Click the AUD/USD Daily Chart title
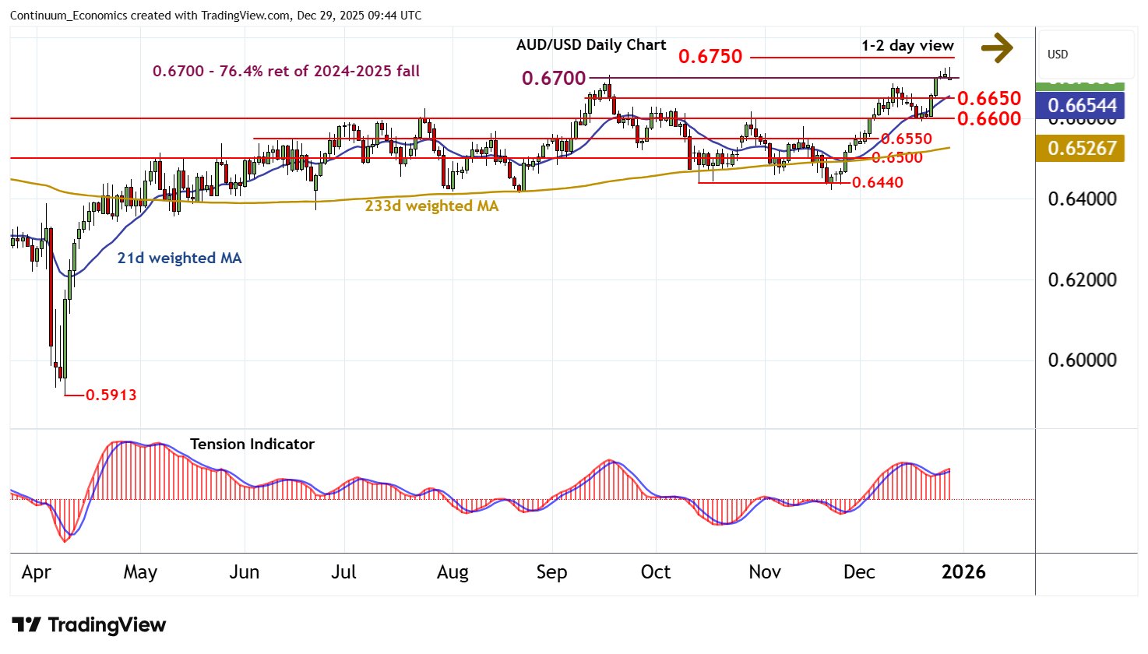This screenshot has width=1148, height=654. pos(591,45)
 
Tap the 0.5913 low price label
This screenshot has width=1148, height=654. pos(111,395)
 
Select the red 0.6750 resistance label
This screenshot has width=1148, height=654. pos(710,57)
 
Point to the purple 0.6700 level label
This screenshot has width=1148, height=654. pos(554,78)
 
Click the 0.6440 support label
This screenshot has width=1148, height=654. pos(878,183)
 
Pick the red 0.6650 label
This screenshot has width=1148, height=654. pos(988,99)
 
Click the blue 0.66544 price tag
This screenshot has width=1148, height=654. pos(1082,106)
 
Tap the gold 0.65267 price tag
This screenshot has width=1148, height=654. pos(1082,148)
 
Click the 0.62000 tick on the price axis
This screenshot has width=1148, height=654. pos(1082,280)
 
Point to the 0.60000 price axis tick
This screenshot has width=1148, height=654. pos(1082,360)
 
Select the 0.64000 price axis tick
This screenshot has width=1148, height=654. pos(1082,199)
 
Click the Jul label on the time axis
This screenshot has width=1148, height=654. pos(343,572)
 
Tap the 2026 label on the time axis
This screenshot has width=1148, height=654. pos(963,572)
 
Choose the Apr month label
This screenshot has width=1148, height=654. pos(37,572)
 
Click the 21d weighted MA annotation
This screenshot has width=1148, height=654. pos(179,258)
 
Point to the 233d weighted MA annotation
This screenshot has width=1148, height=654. pos(431,206)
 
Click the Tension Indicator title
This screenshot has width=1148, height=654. pos(252,445)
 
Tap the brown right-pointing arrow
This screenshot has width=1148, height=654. pos(996,48)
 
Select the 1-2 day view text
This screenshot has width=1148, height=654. pos(907,46)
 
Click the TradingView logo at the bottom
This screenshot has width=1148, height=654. pos(89,625)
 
